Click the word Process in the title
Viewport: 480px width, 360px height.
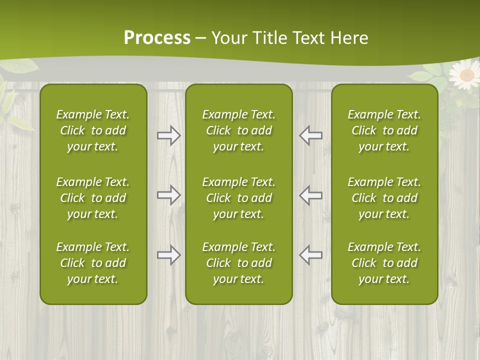click(x=157, y=38)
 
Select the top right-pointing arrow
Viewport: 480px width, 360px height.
click(x=168, y=135)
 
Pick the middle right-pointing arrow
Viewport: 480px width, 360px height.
click(x=168, y=195)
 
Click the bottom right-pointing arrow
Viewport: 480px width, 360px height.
click(x=168, y=255)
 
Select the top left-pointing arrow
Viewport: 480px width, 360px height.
click(x=310, y=135)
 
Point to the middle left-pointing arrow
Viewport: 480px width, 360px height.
click(x=310, y=195)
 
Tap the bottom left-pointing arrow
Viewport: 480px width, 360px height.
click(x=310, y=255)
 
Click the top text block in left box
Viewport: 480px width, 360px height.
click(x=93, y=130)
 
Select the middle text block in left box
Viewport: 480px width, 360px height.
click(x=93, y=198)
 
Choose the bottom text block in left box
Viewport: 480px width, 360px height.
click(x=93, y=263)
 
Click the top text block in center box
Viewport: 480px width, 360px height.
click(x=238, y=130)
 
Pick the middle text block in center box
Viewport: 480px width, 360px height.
click(x=238, y=198)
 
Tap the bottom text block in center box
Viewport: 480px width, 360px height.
click(x=238, y=263)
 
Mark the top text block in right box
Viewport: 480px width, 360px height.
click(x=384, y=130)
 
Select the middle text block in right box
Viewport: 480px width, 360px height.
click(x=384, y=198)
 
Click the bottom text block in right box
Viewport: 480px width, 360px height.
click(x=384, y=263)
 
